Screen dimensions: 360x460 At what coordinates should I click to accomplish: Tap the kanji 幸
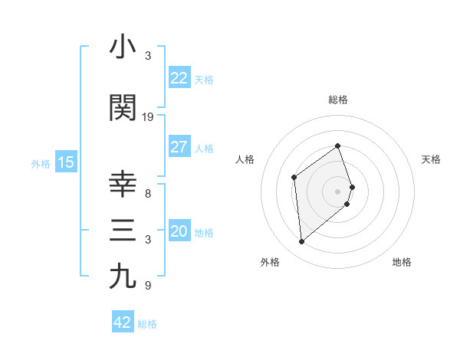tap(123, 185)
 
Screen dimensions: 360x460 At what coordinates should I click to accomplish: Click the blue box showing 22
tap(179, 78)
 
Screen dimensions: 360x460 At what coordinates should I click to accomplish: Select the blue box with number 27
tap(179, 147)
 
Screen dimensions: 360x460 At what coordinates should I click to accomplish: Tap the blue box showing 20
tap(179, 232)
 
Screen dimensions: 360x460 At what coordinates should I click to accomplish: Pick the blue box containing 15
tap(65, 162)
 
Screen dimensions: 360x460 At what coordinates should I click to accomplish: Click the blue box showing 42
tap(123, 322)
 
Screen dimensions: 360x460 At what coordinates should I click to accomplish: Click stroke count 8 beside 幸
tap(148, 194)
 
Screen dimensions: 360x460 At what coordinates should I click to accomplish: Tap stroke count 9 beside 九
tap(148, 286)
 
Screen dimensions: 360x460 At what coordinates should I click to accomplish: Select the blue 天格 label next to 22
tap(204, 79)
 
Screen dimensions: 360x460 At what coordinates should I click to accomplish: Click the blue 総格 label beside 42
tap(147, 323)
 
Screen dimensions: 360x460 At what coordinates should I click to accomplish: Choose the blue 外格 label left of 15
tap(40, 163)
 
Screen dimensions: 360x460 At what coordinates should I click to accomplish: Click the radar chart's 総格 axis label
tap(338, 100)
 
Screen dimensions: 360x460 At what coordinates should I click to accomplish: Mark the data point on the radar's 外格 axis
tap(302, 242)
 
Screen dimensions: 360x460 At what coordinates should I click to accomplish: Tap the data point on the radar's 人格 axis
tap(294, 178)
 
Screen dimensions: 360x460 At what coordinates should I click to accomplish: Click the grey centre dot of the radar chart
tap(338, 191)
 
